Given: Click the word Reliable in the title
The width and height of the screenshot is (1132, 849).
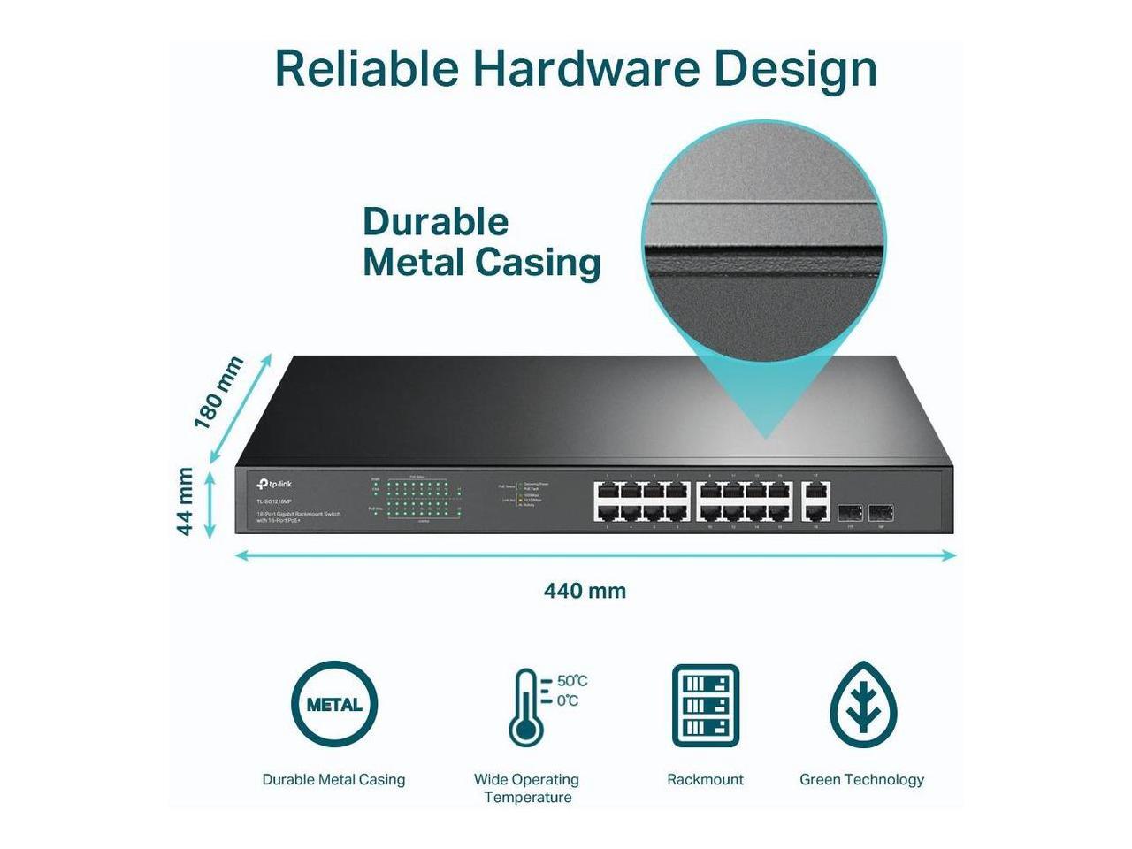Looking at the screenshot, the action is coord(366,68).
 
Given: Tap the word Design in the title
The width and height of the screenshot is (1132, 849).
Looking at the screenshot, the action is coord(795,70).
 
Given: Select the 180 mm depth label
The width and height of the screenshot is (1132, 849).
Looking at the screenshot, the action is coord(218,393).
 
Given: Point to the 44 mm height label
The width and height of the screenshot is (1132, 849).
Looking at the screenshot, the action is coord(185,501).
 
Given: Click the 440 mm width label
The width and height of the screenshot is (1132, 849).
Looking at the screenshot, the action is coord(585,591).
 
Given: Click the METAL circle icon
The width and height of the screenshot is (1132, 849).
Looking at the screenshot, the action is coord(333,705).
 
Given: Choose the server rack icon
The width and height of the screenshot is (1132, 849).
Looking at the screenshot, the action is coord(705,705).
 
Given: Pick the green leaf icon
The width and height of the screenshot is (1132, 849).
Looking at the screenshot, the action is coord(862,705).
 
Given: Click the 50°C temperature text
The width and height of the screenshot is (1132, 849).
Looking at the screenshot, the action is coord(571,681).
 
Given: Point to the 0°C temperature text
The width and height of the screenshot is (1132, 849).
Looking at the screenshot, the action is coord(567,701).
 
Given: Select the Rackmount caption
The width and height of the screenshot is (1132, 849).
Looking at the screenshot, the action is coord(705,779).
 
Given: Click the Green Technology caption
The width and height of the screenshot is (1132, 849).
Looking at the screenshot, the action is coord(861,779).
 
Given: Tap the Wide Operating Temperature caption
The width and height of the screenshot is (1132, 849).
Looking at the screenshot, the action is coord(526,788).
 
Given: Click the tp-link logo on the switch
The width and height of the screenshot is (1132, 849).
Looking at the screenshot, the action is coord(274,484).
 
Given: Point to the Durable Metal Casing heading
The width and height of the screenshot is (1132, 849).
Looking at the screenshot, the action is coord(481,242).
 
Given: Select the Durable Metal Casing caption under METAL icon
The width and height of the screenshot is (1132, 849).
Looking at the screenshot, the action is coord(333,779).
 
